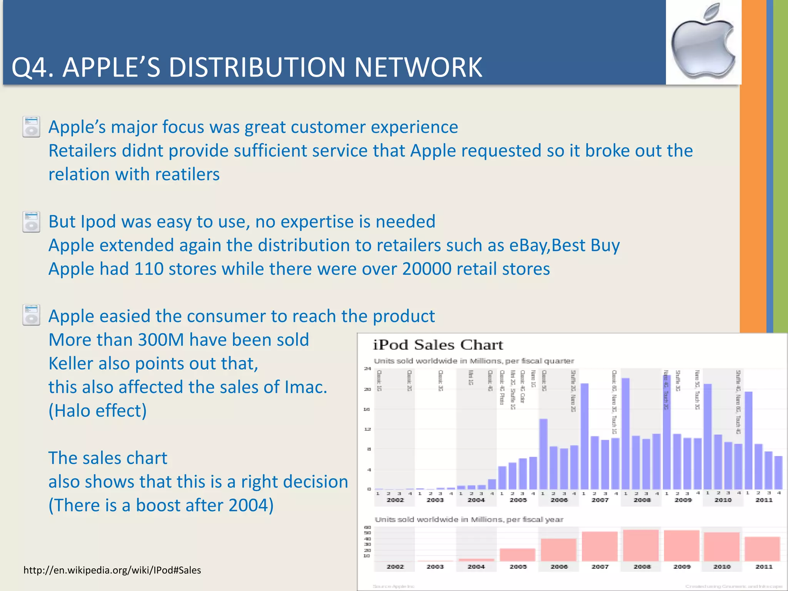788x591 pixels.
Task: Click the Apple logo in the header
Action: (703, 42)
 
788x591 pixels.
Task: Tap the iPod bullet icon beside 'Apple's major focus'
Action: (31, 127)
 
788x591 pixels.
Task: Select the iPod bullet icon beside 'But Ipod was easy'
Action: (31, 222)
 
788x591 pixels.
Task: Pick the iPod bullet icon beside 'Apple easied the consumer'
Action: (31, 315)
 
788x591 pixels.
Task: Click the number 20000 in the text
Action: (426, 269)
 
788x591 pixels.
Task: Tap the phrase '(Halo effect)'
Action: (97, 411)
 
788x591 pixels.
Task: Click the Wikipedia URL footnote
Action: (112, 570)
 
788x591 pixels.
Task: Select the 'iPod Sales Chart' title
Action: (438, 345)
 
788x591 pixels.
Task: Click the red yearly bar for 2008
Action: (641, 545)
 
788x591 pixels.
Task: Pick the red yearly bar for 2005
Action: (518, 554)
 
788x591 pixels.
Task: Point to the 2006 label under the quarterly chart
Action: (559, 500)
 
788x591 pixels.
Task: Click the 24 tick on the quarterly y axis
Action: (367, 369)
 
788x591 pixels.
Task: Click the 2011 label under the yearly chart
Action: (764, 567)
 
